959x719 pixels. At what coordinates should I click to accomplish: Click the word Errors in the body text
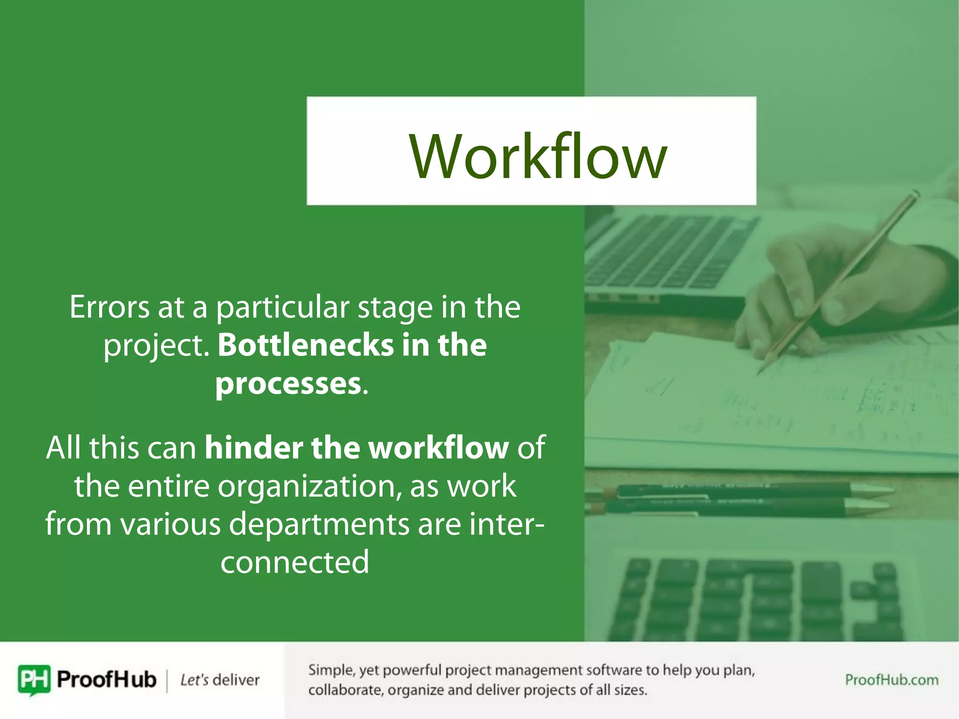109,308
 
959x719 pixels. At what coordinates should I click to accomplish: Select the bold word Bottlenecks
306,345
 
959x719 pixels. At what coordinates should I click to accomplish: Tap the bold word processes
288,384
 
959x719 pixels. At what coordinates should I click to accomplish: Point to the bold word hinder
253,448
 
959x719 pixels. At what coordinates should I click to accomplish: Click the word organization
309,486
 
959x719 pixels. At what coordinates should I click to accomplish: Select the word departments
318,524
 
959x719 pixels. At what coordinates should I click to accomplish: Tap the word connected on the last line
295,563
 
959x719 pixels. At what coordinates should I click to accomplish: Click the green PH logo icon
34,679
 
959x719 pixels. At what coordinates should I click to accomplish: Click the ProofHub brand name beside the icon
106,680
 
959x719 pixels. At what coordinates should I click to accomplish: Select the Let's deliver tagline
220,680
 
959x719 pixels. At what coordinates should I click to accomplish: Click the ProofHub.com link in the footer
891,680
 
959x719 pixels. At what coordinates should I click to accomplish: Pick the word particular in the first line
282,308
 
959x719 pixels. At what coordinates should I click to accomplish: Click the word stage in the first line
395,308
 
